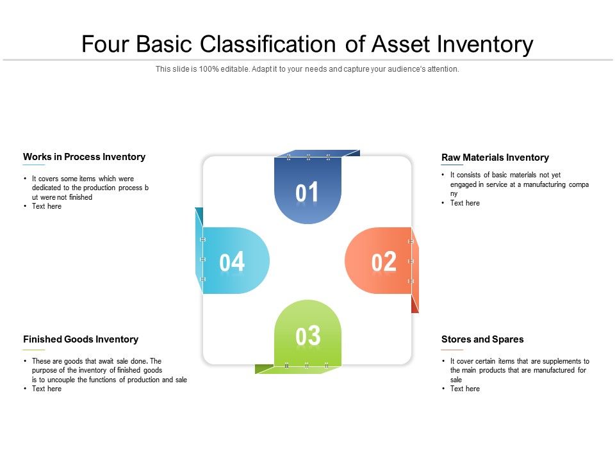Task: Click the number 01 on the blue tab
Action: pyautogui.click(x=307, y=193)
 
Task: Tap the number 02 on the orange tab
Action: pyautogui.click(x=384, y=263)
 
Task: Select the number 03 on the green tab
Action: pyautogui.click(x=307, y=337)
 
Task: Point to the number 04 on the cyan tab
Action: pyautogui.click(x=232, y=262)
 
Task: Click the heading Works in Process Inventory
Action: pyautogui.click(x=84, y=157)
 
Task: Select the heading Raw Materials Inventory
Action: pyautogui.click(x=495, y=158)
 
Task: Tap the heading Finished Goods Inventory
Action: pyautogui.click(x=80, y=339)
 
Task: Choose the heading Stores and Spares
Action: pyautogui.click(x=482, y=339)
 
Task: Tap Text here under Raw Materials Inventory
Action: pyautogui.click(x=464, y=203)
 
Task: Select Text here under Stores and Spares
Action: pyautogui.click(x=464, y=389)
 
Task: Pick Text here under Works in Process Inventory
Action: pyautogui.click(x=47, y=206)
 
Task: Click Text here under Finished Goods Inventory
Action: pyautogui.click(x=47, y=389)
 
